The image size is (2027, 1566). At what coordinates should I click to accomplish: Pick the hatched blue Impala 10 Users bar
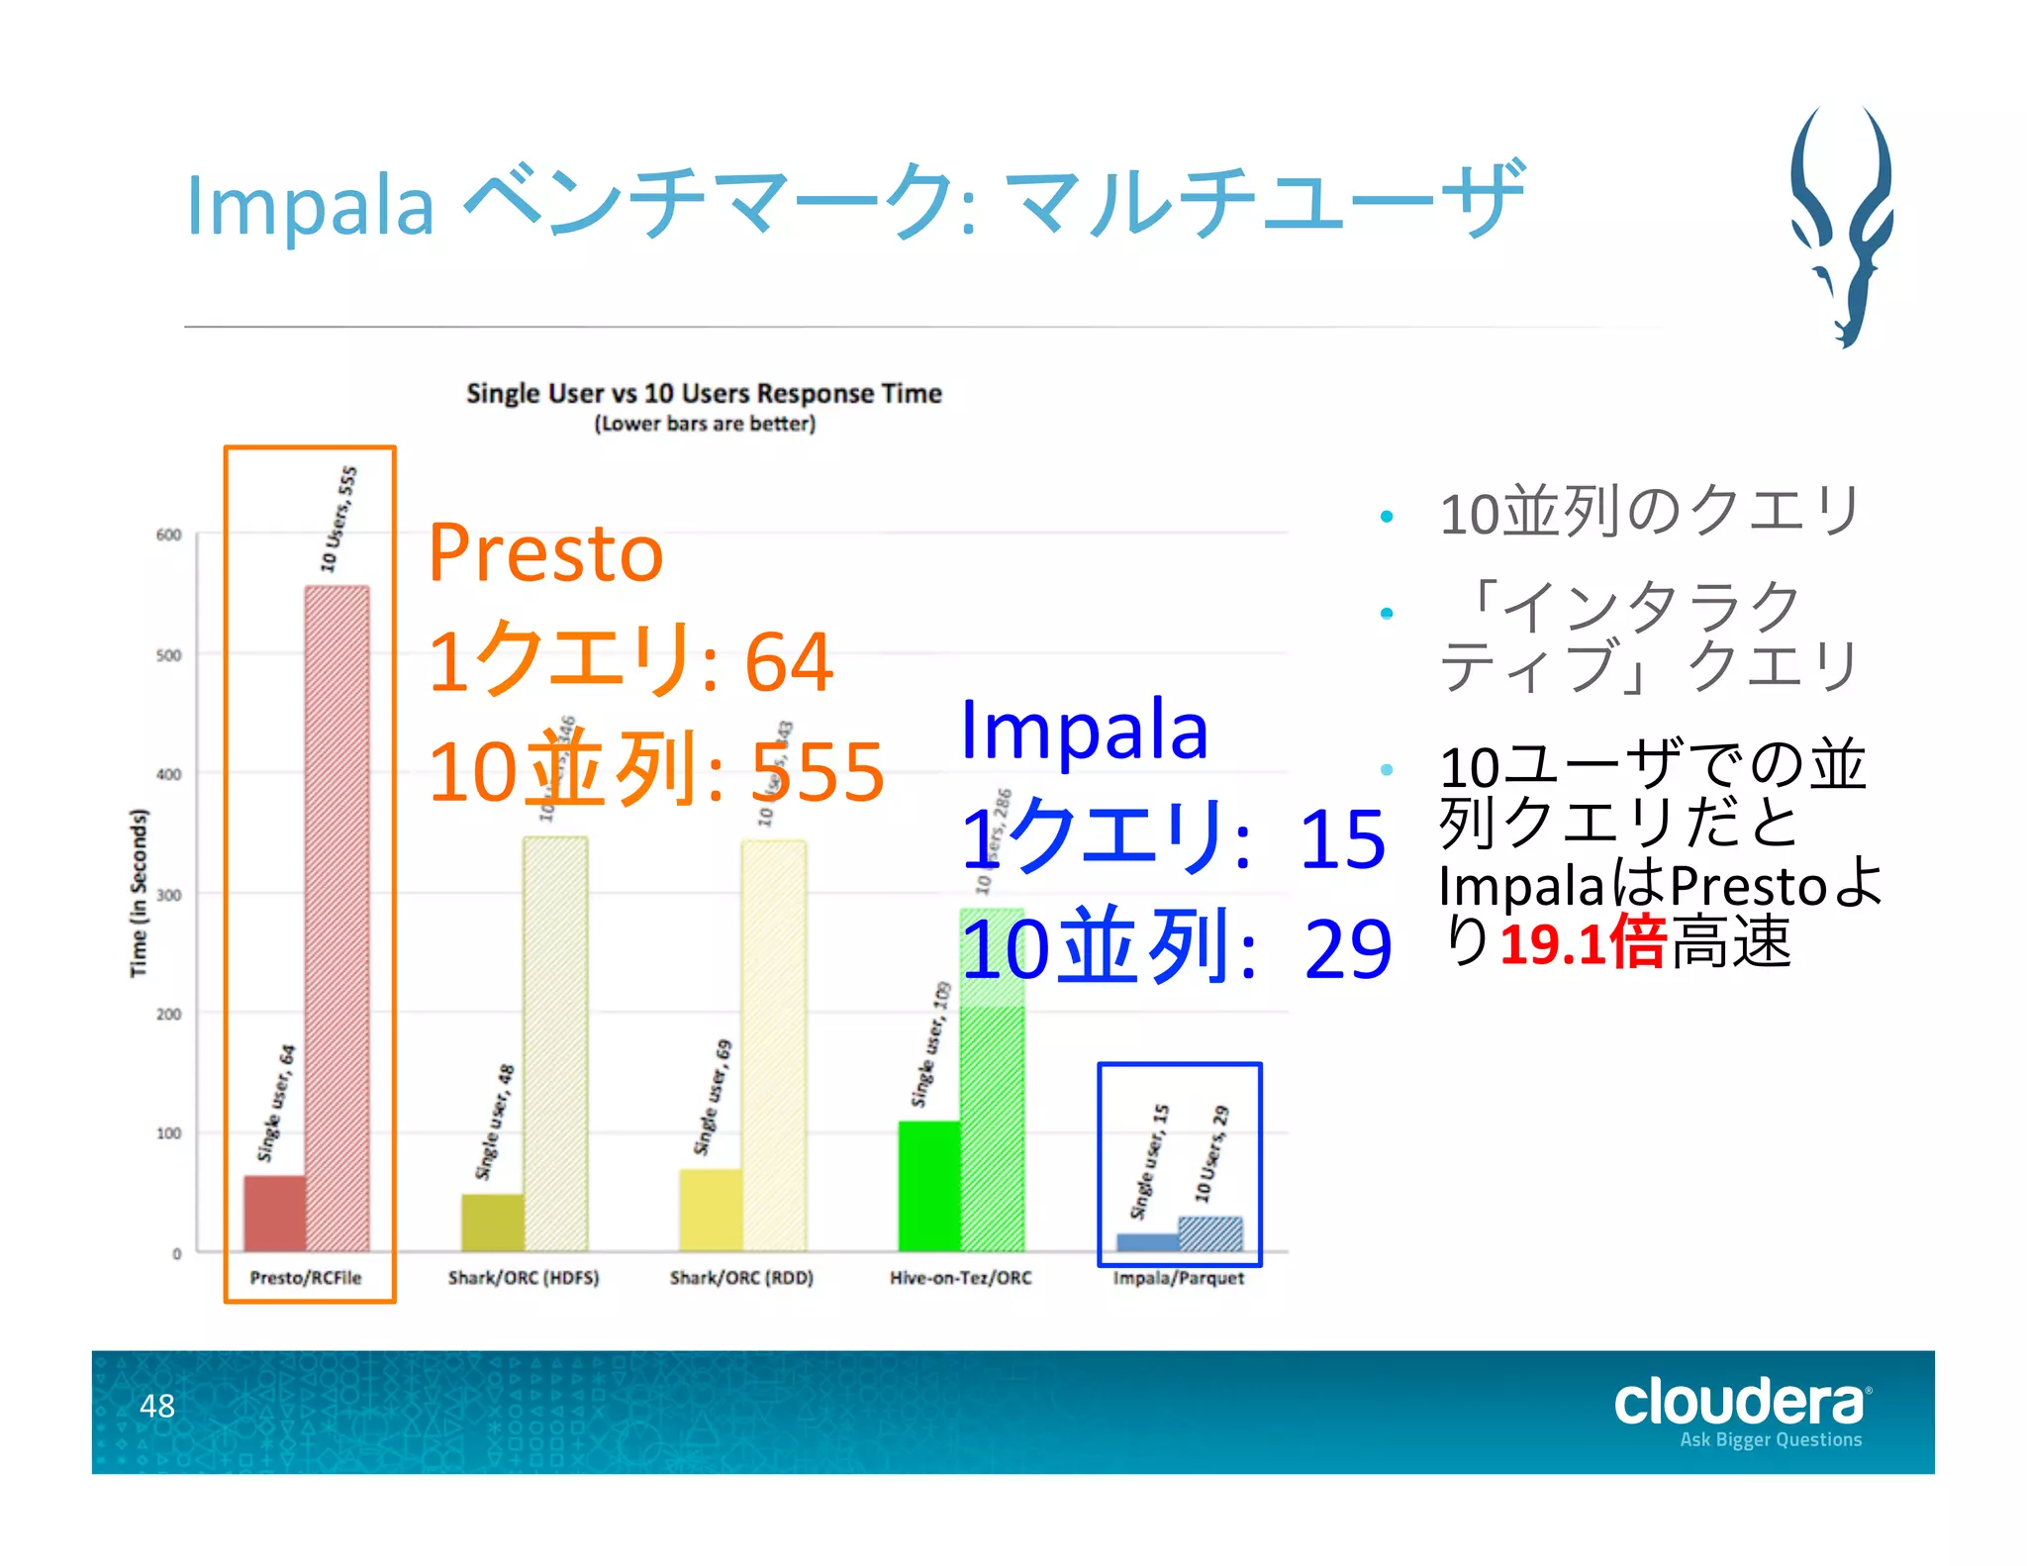[1209, 1235]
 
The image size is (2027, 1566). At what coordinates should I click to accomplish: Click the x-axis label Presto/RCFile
[306, 1278]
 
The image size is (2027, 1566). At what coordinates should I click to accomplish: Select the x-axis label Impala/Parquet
[1178, 1278]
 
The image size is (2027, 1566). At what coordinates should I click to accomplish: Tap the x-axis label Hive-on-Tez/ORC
[960, 1278]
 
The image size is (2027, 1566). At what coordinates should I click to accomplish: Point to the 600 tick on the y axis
[169, 536]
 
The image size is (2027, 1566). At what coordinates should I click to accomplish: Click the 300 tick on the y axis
[169, 895]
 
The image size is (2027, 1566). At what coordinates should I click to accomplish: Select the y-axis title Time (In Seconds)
[139, 893]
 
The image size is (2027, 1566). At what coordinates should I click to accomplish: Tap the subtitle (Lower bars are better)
[704, 424]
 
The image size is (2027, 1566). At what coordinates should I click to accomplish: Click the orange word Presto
[545, 553]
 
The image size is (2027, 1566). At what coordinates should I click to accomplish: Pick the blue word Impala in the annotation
[1084, 731]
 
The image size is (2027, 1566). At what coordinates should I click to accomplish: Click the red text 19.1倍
[1583, 942]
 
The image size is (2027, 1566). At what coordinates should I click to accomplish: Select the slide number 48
[156, 1406]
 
